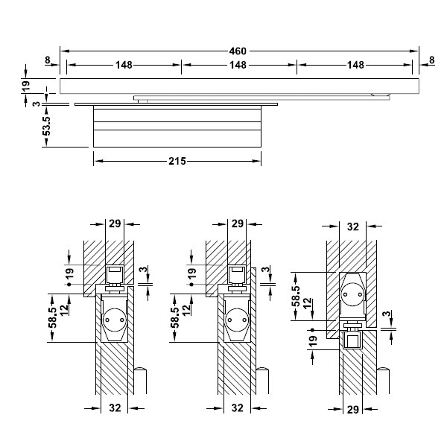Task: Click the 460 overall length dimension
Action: [x=238, y=51]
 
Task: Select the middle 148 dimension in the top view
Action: [x=238, y=66]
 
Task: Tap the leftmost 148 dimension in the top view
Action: [x=124, y=66]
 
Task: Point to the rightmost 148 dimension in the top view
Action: [x=355, y=66]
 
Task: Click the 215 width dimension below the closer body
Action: [x=177, y=160]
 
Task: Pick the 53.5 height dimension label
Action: [x=46, y=125]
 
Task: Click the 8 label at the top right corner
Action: [x=432, y=60]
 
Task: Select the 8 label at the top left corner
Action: [x=47, y=60]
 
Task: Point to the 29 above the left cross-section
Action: [x=114, y=223]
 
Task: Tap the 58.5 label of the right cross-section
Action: [x=296, y=297]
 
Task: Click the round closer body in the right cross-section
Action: [x=353, y=294]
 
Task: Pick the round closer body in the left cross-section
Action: [x=114, y=319]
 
